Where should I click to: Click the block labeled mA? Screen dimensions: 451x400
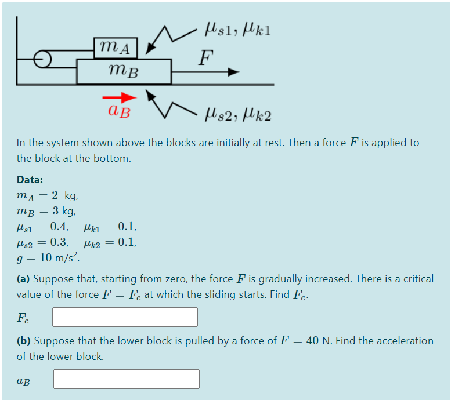[116, 47]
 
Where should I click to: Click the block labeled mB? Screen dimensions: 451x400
[124, 71]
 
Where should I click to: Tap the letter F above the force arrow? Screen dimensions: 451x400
[205, 57]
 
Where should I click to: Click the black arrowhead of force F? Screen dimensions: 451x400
[233, 72]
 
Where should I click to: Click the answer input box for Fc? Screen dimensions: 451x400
[125, 317]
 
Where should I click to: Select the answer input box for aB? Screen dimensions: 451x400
[127, 379]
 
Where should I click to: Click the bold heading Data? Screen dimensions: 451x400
[30, 180]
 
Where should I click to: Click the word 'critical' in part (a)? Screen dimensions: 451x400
[416, 279]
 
